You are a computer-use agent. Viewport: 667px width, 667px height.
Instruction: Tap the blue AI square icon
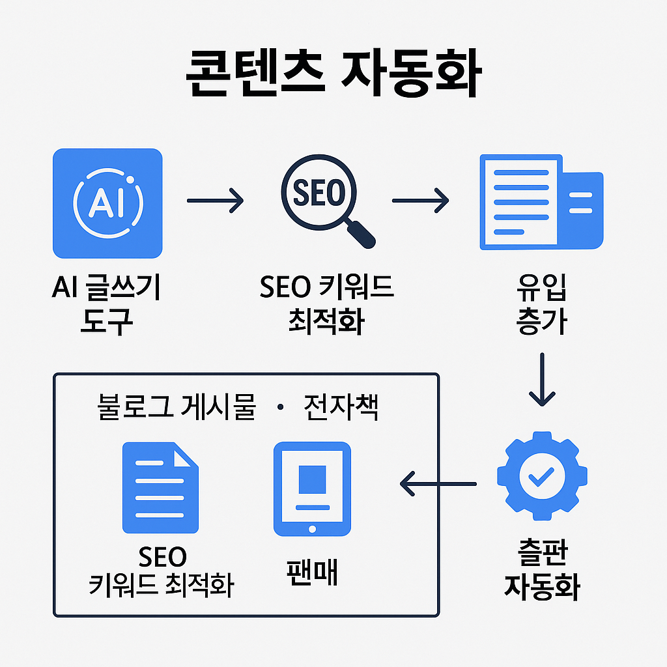(x=107, y=203)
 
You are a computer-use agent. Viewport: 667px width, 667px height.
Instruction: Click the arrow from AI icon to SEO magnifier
(x=215, y=201)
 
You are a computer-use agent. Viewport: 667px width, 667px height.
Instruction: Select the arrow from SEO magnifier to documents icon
(x=421, y=201)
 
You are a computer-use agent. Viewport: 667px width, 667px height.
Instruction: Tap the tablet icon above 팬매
(x=312, y=488)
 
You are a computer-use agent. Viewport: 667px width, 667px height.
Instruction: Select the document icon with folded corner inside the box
(x=160, y=488)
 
